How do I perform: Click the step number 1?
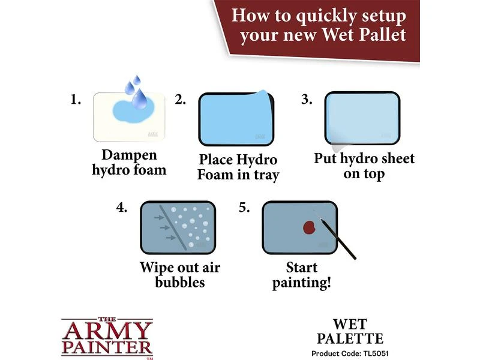[76, 100]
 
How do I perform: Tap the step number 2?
[180, 100]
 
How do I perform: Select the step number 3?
[307, 100]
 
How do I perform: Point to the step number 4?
[122, 208]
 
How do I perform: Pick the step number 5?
[244, 208]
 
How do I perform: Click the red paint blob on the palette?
[309, 228]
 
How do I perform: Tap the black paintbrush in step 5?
[335, 236]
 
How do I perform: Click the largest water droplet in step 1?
[140, 99]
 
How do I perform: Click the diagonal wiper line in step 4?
[173, 228]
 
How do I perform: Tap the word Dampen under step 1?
[129, 155]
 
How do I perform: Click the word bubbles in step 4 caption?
[179, 282]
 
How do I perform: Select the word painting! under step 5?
[302, 283]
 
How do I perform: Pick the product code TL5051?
[376, 353]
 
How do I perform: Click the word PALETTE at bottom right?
[350, 338]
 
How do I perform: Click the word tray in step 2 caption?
[266, 175]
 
